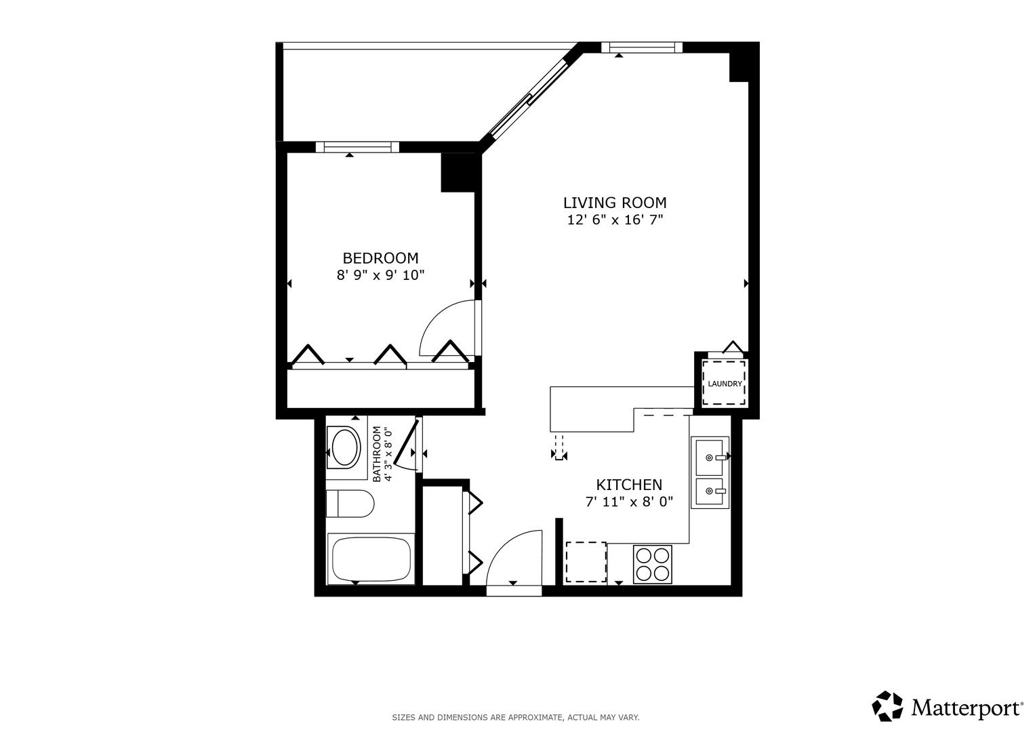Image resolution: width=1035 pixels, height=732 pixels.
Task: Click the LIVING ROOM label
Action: pos(615,203)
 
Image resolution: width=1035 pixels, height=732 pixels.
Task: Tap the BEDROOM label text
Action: pos(380,258)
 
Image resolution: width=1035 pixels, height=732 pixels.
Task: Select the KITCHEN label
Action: pos(629,485)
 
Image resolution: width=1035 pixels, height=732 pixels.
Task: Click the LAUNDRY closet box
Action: pos(724,384)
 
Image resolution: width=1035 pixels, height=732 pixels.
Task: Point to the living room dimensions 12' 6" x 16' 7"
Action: pos(615,220)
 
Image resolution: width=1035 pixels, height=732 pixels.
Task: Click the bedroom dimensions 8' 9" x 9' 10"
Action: pos(380,275)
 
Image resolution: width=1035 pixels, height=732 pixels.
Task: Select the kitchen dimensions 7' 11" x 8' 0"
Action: pos(629,502)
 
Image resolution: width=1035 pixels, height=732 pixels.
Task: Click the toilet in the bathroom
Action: pos(350,504)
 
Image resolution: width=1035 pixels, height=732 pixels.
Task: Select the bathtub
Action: pos(370,559)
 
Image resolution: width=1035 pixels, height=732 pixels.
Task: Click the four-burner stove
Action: pos(652,564)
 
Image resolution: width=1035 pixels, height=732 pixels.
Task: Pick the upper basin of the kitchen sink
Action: pos(709,455)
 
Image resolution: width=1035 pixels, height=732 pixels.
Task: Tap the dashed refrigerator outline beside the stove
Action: pos(586,562)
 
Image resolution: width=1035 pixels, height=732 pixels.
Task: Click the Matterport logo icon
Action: pos(887,706)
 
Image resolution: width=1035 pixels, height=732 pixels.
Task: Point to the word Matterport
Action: pos(967,708)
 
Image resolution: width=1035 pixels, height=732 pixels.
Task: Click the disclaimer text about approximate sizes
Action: pos(515,717)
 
